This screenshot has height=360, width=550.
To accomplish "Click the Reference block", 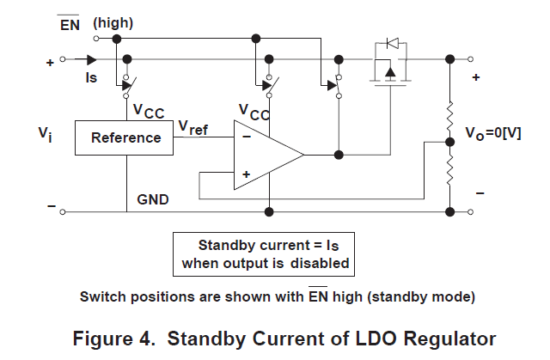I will click(125, 137).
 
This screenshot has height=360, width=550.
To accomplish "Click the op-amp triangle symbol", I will click(266, 155).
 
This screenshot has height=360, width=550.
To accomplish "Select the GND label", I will click(153, 198).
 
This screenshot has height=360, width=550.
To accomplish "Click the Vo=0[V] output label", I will click(497, 134).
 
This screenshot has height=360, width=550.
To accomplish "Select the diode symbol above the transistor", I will click(392, 42).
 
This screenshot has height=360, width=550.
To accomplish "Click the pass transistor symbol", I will click(392, 75).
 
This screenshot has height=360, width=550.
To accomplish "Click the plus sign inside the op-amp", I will click(247, 174).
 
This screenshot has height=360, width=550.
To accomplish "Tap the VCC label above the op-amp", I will click(254, 112).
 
